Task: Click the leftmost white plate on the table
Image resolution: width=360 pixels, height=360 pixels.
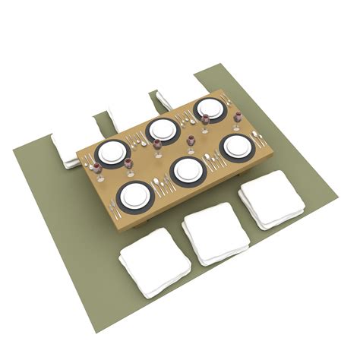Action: click(x=113, y=152)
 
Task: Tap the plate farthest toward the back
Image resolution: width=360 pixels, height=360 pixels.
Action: click(x=210, y=109)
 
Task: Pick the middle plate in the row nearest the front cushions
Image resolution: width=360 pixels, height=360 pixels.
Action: click(x=187, y=170)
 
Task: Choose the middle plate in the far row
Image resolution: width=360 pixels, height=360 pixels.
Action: click(x=163, y=130)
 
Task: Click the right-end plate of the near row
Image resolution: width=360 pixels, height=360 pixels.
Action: click(x=237, y=146)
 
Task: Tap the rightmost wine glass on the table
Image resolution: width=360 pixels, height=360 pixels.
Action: click(x=237, y=118)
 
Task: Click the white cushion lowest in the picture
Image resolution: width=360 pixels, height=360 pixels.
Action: click(x=154, y=262)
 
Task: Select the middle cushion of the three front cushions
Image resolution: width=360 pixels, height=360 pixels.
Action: click(x=216, y=232)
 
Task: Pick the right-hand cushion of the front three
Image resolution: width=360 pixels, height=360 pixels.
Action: click(x=272, y=199)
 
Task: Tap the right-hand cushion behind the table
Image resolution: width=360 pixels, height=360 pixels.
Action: click(x=166, y=99)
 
